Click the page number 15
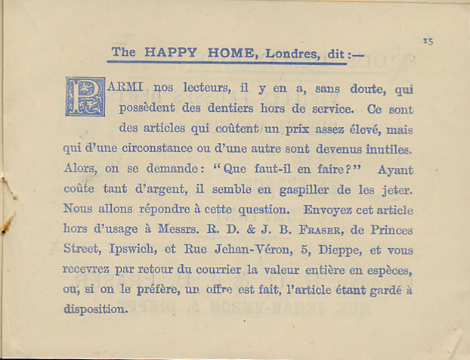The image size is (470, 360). point(428,42)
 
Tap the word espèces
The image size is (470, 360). point(392,269)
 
